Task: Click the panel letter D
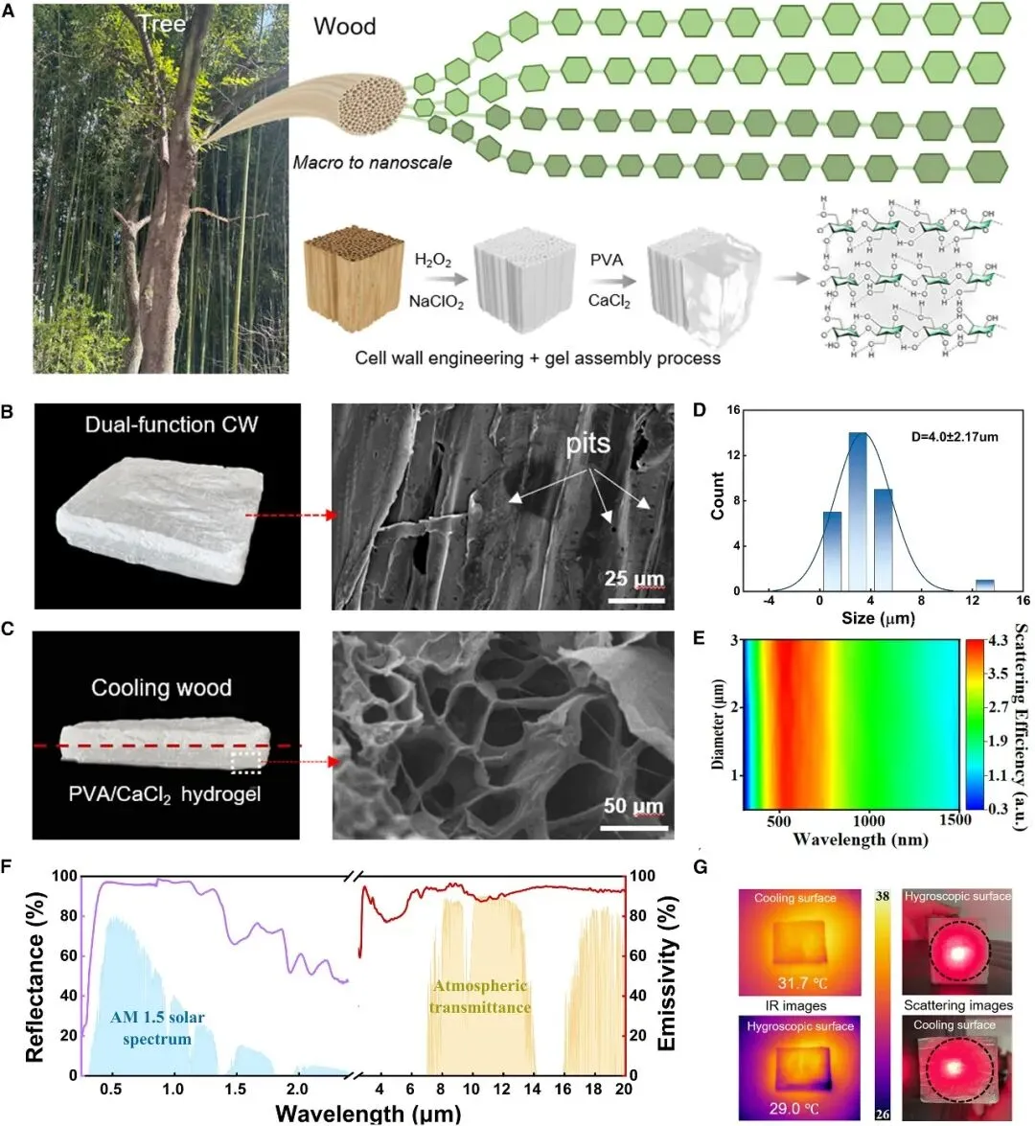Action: pyautogui.click(x=700, y=410)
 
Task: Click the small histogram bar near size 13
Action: pyautogui.click(x=984, y=585)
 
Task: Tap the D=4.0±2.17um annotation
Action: pyautogui.click(x=954, y=437)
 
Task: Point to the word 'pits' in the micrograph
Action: pyautogui.click(x=587, y=444)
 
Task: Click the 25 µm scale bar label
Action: pyautogui.click(x=634, y=579)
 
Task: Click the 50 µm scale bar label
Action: pyautogui.click(x=633, y=807)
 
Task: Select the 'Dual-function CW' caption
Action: pyautogui.click(x=171, y=425)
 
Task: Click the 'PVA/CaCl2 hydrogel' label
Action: pyautogui.click(x=165, y=793)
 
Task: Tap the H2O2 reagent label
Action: pyautogui.click(x=433, y=261)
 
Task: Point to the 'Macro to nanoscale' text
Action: pyautogui.click(x=372, y=163)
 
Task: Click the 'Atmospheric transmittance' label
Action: pyautogui.click(x=480, y=997)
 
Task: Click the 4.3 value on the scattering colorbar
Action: pyautogui.click(x=998, y=641)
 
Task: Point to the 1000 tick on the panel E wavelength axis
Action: pyautogui.click(x=869, y=820)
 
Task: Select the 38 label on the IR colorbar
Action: pyautogui.click(x=883, y=896)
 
